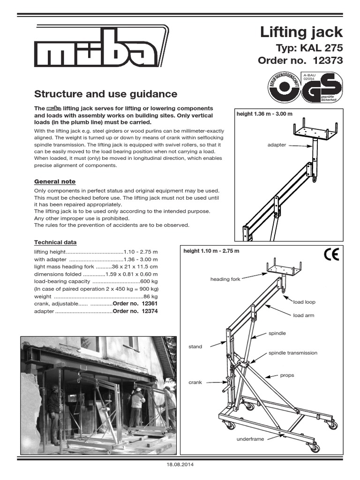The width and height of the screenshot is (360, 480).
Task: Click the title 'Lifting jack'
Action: coord(301,32)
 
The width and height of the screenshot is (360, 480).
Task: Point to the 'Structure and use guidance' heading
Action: coord(106,94)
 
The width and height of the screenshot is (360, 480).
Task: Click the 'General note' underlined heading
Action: coord(55,181)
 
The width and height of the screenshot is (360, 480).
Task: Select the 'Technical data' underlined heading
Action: coord(55,242)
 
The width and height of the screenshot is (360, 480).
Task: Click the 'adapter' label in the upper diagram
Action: coord(277,145)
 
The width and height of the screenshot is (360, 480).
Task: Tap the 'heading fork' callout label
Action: coord(225,279)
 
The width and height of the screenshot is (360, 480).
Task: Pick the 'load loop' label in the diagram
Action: coord(304,302)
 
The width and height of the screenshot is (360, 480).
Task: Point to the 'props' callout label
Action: coord(287,375)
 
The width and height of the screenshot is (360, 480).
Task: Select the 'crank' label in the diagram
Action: coord(195,382)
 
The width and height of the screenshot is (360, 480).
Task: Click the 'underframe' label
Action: coord(250,439)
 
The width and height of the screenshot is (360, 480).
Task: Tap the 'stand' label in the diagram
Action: coord(195,347)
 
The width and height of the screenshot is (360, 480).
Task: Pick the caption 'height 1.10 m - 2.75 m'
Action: coord(211,251)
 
